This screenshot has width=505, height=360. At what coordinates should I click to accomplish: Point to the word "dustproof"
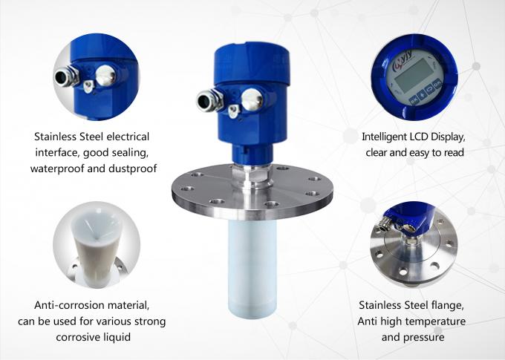(130, 168)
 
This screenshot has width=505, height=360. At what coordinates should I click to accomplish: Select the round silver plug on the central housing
(252, 96)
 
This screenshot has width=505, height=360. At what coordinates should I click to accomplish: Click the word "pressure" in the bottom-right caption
(424, 337)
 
